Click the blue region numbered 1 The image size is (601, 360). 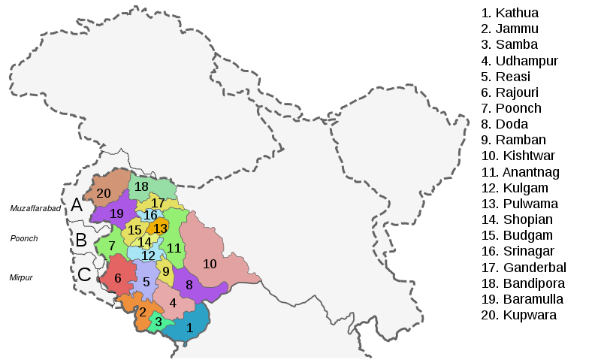189,328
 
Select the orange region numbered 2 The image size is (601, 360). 143,311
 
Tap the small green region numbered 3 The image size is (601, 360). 159,322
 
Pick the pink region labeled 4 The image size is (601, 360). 173,303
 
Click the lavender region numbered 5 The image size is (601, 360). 146,283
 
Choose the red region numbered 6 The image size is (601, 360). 118,278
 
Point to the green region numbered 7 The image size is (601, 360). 111,246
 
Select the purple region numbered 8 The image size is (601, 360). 189,285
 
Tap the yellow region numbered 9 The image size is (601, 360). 166,271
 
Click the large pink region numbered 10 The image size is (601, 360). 210,264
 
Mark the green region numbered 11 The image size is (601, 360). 174,248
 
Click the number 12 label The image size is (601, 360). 149,256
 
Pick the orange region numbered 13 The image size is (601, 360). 160,228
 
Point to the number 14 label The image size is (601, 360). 144,242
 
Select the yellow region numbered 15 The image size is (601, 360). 134,230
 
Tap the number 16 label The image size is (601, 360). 150,216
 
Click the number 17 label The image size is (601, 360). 158,203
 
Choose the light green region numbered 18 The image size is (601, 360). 141,186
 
